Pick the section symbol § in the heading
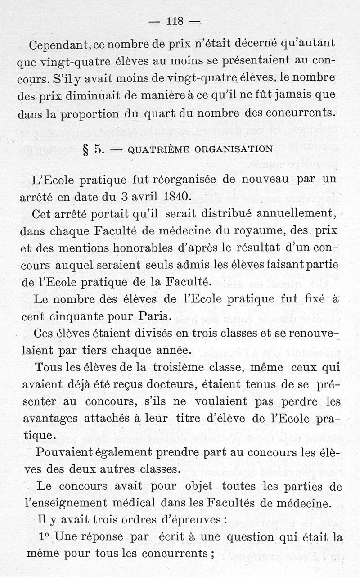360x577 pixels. (85, 149)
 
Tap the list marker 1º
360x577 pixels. (44, 537)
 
